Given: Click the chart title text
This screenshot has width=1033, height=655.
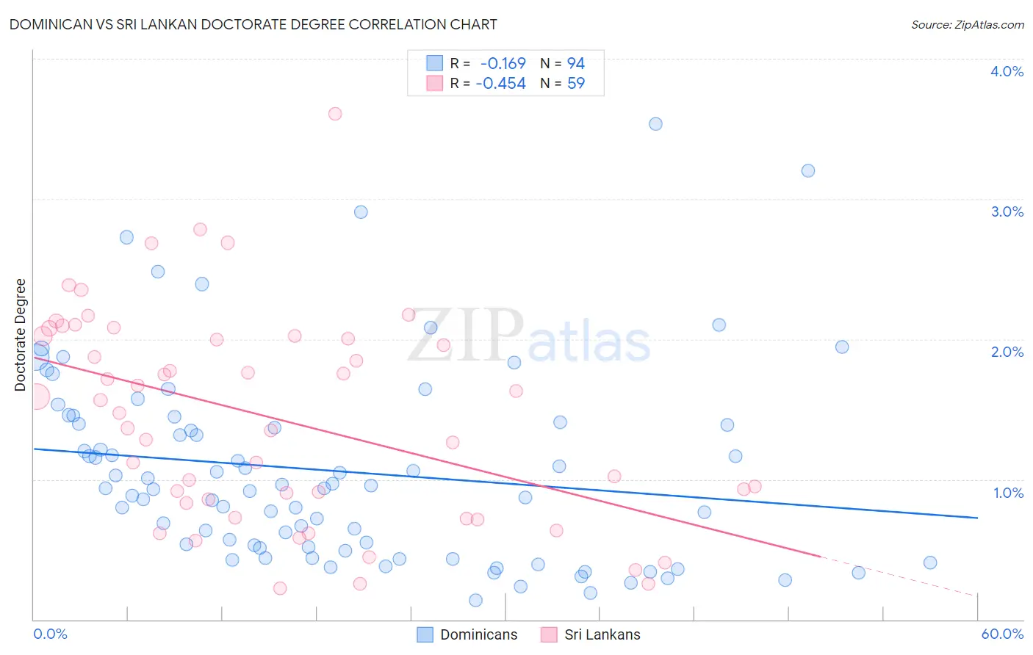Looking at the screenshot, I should click(x=253, y=24).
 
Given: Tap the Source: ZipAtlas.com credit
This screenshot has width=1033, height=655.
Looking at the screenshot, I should click(x=967, y=24).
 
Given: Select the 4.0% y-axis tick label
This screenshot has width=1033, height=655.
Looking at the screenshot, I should click(x=1007, y=71).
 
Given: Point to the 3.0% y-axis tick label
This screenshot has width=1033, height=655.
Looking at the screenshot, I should click(x=1007, y=211).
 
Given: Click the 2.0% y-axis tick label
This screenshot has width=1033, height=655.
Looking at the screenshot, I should click(x=1007, y=352).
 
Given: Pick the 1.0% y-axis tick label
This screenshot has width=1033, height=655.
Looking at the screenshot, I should click(x=1007, y=493).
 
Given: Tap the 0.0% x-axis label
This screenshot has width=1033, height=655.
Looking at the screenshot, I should click(x=51, y=634).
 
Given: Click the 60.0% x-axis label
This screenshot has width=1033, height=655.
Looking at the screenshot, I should click(x=1001, y=634).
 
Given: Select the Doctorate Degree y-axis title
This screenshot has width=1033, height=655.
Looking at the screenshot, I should click(x=21, y=335).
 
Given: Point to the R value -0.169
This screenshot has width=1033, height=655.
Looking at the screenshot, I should click(x=503, y=63).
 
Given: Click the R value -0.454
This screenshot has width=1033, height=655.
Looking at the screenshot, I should click(x=500, y=84).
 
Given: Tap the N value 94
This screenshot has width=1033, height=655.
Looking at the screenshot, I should click(x=576, y=63).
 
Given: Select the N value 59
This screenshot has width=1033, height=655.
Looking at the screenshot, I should click(x=576, y=84).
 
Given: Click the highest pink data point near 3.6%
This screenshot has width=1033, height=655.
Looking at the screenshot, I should click(x=335, y=113).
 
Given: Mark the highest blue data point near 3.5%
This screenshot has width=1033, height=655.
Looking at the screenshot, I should click(x=655, y=123).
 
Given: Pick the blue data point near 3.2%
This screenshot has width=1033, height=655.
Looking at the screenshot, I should click(x=808, y=170).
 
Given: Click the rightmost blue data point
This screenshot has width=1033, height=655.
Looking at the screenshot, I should click(x=930, y=562).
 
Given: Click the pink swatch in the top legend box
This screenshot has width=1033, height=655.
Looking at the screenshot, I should click(x=435, y=84).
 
